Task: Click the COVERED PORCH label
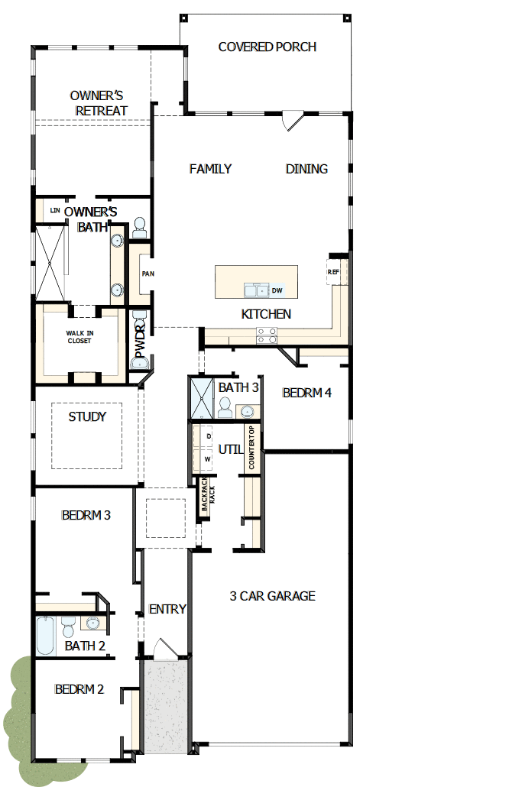pyautogui.click(x=267, y=47)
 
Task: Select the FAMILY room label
pyautogui.click(x=210, y=169)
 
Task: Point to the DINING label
pyautogui.click(x=306, y=169)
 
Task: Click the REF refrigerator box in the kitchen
pyautogui.click(x=334, y=272)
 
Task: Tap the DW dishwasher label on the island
pyautogui.click(x=277, y=290)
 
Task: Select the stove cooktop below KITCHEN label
pyautogui.click(x=266, y=335)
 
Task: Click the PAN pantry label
pyautogui.click(x=148, y=273)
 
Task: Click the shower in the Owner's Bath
pyautogui.click(x=50, y=262)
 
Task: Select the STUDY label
pyautogui.click(x=87, y=416)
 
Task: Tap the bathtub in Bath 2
pyautogui.click(x=45, y=636)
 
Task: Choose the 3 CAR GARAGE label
pyautogui.click(x=272, y=596)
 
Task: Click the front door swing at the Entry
pyautogui.click(x=163, y=647)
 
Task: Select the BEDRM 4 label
pyautogui.click(x=307, y=393)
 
